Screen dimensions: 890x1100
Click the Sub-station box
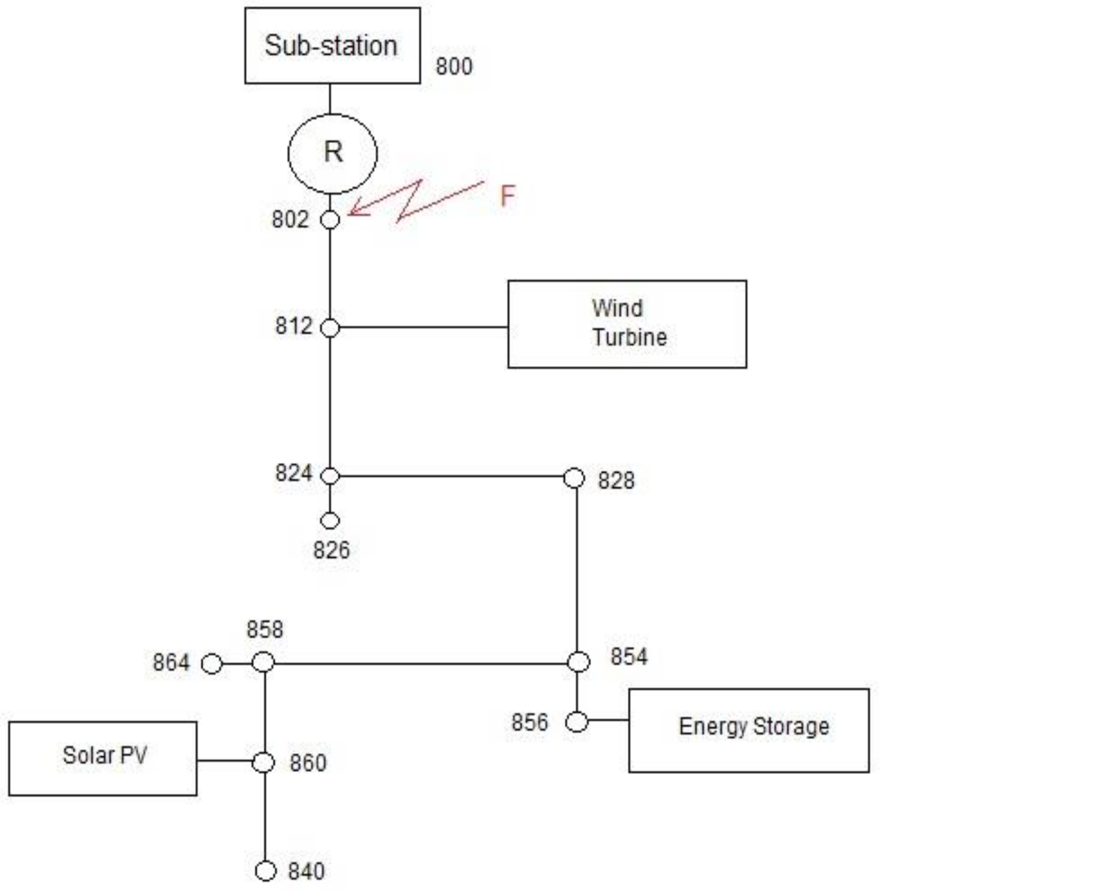(332, 46)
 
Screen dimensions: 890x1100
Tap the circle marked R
(332, 153)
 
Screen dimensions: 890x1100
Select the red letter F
(507, 197)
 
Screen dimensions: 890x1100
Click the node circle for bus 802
(330, 219)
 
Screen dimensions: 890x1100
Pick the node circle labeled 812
(330, 327)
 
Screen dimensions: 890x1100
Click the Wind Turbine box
(627, 324)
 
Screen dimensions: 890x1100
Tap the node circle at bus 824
(330, 476)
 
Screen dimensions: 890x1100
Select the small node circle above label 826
(330, 520)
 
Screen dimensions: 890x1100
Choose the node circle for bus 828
(574, 478)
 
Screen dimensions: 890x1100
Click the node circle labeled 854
(578, 662)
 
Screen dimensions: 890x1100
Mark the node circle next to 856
(576, 722)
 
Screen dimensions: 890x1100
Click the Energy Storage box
(748, 730)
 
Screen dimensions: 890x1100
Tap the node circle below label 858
(263, 662)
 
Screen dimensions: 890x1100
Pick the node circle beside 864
(211, 664)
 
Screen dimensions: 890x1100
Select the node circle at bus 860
(263, 763)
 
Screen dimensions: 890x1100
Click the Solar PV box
(103, 758)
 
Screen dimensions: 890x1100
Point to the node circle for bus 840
(265, 871)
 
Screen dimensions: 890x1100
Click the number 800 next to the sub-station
(454, 66)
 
